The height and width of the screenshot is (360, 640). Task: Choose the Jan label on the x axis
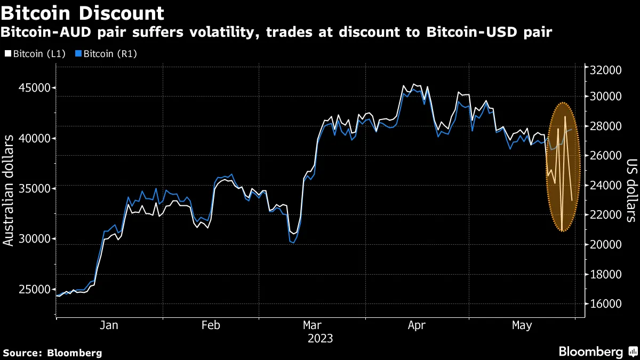[109, 325]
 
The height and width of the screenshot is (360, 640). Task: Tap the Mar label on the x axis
[312, 325]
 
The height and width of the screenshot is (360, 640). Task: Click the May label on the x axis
[522, 325]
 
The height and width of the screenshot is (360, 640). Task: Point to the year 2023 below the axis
[320, 339]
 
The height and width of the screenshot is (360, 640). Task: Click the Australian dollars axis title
[9, 190]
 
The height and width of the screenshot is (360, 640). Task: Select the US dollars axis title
[631, 190]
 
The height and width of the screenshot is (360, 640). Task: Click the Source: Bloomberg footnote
[52, 353]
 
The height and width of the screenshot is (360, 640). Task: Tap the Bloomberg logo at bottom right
[597, 352]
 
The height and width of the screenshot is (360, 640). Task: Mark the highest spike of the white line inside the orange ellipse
[565, 116]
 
